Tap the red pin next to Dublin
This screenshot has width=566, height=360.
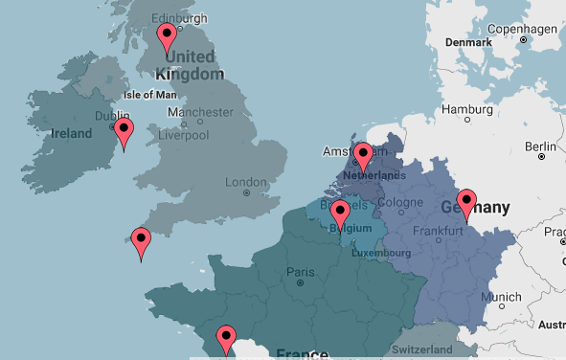(x=124, y=132)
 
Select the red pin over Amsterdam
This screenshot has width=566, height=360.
(x=362, y=155)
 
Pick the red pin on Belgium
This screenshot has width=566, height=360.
(x=339, y=215)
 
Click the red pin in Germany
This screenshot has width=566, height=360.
(x=466, y=203)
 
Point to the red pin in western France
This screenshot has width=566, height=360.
(x=226, y=339)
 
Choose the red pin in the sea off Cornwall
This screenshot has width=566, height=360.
(x=142, y=241)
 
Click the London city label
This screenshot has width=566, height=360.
(x=245, y=183)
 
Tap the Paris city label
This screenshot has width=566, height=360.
(x=300, y=273)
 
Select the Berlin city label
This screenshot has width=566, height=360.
(x=540, y=146)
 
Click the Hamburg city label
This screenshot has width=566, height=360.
(x=466, y=109)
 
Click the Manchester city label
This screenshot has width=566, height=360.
(x=200, y=112)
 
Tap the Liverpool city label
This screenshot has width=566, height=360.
(x=184, y=135)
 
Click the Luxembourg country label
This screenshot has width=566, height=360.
(x=381, y=254)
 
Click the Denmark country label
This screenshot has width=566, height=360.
(x=468, y=42)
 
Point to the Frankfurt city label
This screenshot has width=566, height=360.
(x=440, y=231)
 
